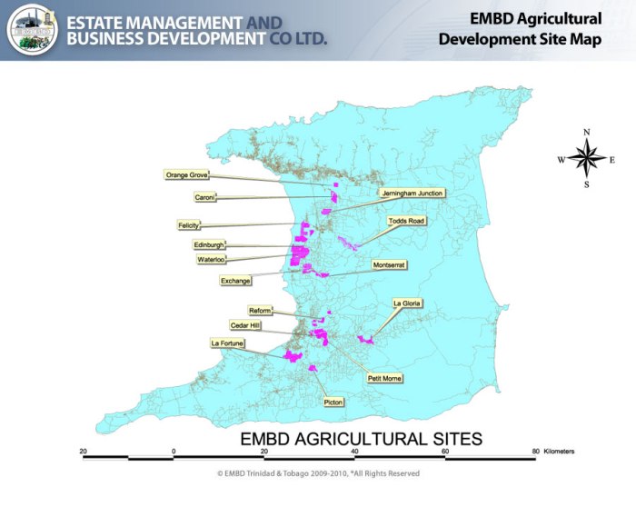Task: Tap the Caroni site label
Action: [x=204, y=197]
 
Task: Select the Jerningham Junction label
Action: [x=412, y=194]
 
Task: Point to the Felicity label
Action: [x=189, y=225]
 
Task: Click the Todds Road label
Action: [x=406, y=221]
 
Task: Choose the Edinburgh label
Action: [x=208, y=245]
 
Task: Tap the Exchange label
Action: [x=235, y=282]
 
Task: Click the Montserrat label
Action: [x=390, y=264]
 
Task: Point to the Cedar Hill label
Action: [x=245, y=324]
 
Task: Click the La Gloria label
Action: [x=407, y=303]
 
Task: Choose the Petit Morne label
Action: [x=384, y=377]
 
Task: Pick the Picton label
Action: [x=333, y=401]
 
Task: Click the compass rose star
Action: [x=587, y=159]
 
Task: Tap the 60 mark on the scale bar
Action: [x=445, y=451]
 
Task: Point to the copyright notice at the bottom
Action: [x=318, y=473]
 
